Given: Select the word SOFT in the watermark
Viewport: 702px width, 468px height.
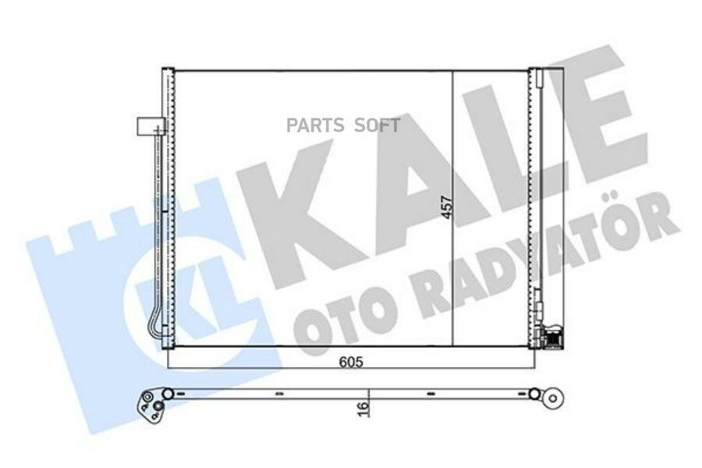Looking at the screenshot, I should point(378,125).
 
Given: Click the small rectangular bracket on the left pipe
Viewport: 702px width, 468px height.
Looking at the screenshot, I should point(148,125).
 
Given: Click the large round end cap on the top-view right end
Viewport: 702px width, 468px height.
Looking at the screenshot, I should point(552,397).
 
